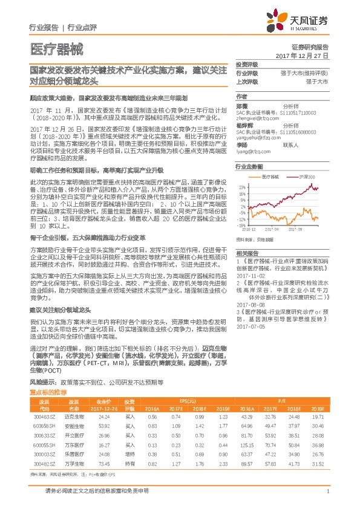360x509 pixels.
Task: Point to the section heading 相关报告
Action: coord(247,253)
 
